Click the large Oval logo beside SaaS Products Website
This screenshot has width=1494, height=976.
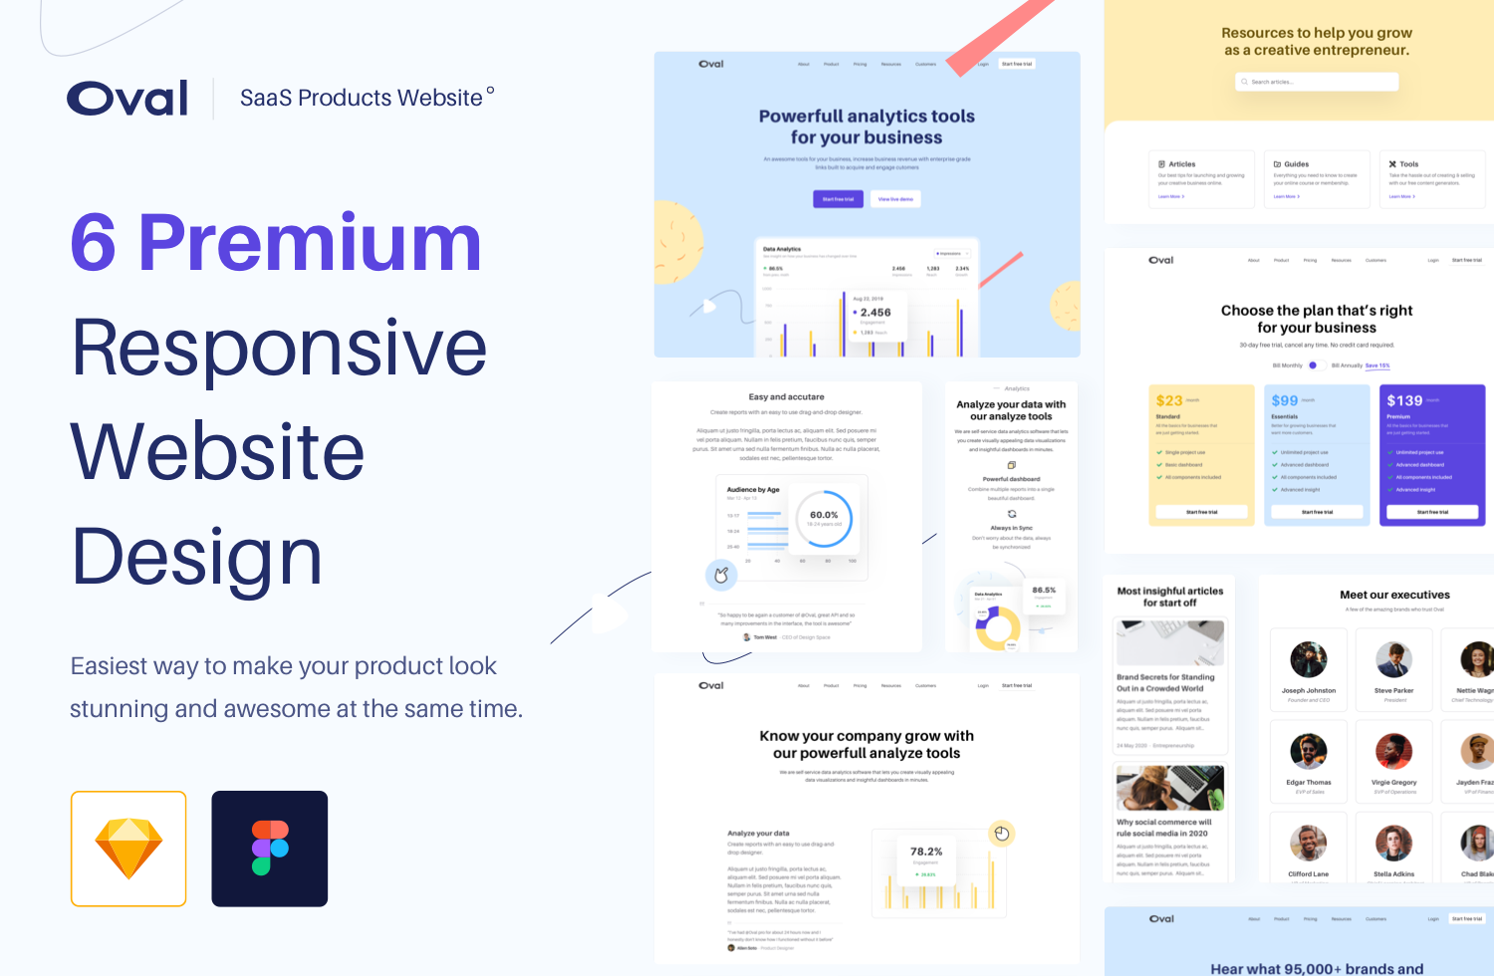click(127, 98)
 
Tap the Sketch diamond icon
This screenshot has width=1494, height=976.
click(128, 849)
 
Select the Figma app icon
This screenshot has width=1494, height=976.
click(270, 849)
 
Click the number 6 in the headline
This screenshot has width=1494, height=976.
click(94, 243)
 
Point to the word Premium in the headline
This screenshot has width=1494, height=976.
click(310, 243)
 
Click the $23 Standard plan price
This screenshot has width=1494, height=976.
click(1169, 400)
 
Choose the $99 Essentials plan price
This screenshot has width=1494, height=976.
click(1285, 400)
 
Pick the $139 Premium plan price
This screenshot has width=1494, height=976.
click(1404, 400)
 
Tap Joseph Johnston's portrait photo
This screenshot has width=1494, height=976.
click(1309, 659)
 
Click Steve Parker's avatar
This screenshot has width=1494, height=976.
click(1394, 659)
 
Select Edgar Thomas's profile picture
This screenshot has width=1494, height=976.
click(1309, 751)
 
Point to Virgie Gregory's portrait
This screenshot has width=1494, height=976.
click(1394, 751)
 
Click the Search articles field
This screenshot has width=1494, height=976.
click(1317, 82)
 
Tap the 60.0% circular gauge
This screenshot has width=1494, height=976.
click(824, 518)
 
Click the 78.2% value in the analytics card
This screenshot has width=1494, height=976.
click(926, 852)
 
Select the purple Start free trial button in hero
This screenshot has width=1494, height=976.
click(838, 199)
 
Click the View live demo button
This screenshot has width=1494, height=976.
click(895, 199)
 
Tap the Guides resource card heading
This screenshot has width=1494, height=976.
click(1296, 164)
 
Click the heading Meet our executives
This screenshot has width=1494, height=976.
click(1394, 595)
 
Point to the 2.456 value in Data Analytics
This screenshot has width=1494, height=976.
click(875, 313)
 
